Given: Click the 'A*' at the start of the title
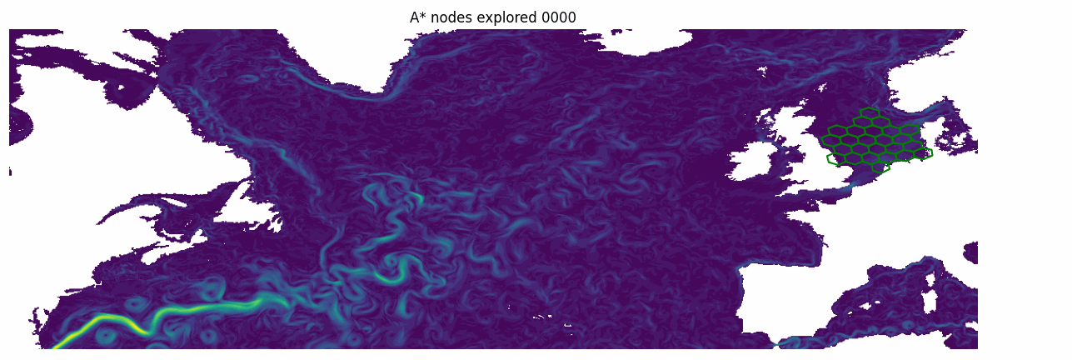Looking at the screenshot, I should point(418,17).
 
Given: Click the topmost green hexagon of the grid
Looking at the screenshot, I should point(869,112).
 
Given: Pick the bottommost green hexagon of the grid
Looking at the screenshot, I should point(880,167).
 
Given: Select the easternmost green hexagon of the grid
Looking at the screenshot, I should point(922,153).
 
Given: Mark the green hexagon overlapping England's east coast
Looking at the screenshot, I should point(836,158).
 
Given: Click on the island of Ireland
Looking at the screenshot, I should point(753,158).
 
